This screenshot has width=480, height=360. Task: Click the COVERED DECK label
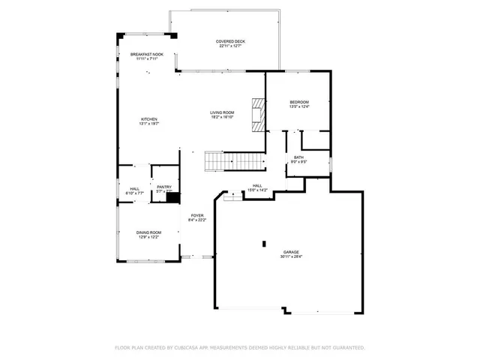pyautogui.click(x=231, y=41)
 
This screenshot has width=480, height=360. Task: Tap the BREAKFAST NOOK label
pyautogui.click(x=147, y=54)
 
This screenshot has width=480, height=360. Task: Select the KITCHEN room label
pyautogui.click(x=149, y=118)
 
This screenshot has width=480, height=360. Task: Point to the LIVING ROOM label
pyautogui.click(x=222, y=112)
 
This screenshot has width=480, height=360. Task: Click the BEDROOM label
pyautogui.click(x=299, y=102)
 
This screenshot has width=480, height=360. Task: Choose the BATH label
pyautogui.click(x=298, y=157)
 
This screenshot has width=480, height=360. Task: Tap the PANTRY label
pyautogui.click(x=164, y=187)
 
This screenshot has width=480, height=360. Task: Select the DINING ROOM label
pyautogui.click(x=148, y=232)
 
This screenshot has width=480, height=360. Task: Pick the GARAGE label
pyautogui.click(x=292, y=251)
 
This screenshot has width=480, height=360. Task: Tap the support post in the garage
pyautogui.click(x=264, y=243)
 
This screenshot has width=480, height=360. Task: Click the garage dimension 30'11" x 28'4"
pyautogui.click(x=292, y=256)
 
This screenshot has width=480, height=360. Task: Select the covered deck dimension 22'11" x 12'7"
pyautogui.click(x=231, y=46)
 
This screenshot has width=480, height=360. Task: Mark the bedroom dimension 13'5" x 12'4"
pyautogui.click(x=299, y=107)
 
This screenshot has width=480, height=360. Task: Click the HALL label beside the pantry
pyautogui.click(x=134, y=188)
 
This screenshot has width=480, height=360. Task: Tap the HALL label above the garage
pyautogui.click(x=257, y=185)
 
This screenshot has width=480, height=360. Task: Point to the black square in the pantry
pyautogui.click(x=171, y=198)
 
